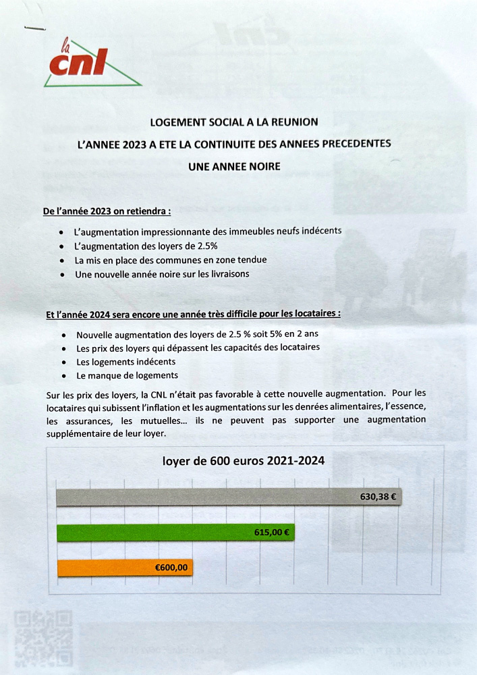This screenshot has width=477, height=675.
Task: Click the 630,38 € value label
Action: [378, 497]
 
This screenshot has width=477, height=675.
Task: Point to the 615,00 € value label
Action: [272, 532]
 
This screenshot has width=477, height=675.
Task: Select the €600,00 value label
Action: [171, 568]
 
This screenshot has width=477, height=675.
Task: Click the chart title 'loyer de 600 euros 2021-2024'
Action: [244, 461]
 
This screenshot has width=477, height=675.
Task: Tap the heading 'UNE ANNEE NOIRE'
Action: [234, 165]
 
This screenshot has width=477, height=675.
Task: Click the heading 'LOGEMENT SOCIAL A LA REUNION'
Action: [234, 122]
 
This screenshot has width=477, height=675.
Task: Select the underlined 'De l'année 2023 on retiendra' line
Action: [107, 211]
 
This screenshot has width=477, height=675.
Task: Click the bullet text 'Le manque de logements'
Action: [127, 375]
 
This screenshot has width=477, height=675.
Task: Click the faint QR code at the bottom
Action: [44, 639]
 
